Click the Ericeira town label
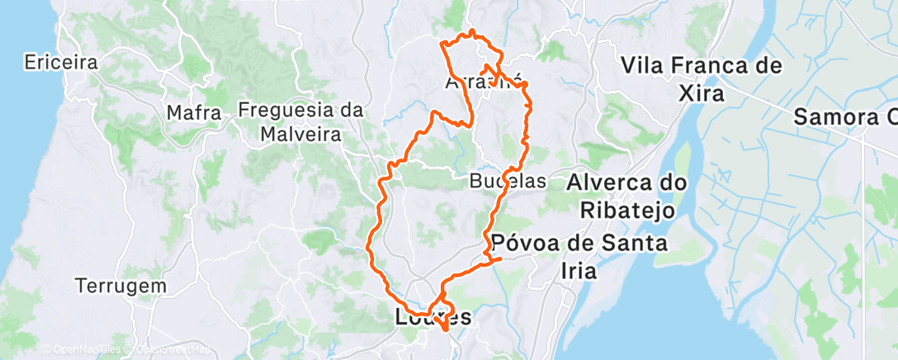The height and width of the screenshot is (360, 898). coord(61,62)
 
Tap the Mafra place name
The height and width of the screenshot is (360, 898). coord(194,111)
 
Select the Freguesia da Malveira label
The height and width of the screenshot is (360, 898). coord(301,121)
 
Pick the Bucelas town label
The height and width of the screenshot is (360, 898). coord(507,181)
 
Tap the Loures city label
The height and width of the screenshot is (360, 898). coord(433,316)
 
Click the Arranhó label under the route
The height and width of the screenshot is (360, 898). coord(484,83)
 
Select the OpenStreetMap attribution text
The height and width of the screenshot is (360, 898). coord(168,350)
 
